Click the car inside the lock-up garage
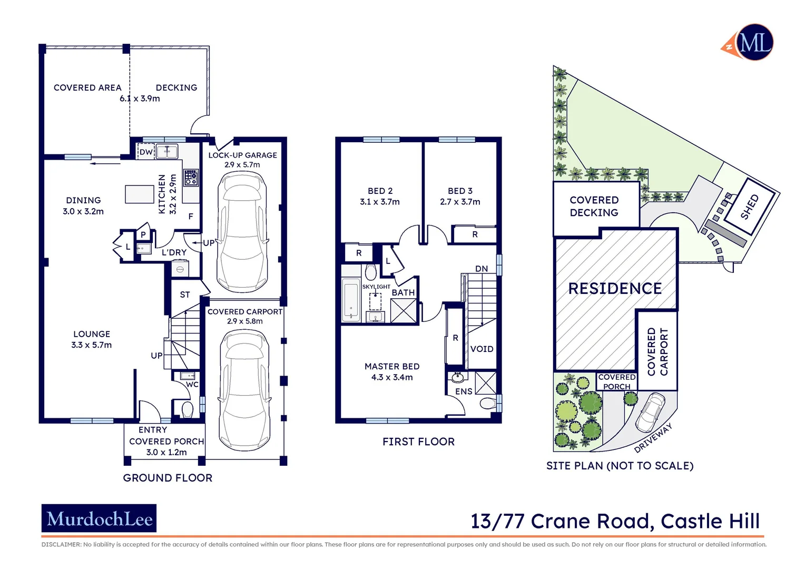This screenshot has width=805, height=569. tap(242, 232)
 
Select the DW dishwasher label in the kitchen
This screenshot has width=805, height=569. tap(146, 152)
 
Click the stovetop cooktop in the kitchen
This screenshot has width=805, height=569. tap(191, 178)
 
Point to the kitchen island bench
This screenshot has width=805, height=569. tap(140, 194)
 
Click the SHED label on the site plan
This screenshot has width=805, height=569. tap(749, 207)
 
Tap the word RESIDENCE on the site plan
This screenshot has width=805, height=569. tap(615, 289)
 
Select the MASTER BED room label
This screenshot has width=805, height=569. tap(392, 366)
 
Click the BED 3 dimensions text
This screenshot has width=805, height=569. tap(460, 202)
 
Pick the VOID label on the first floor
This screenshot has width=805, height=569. tap(482, 349)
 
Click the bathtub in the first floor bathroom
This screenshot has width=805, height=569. tap(351, 300)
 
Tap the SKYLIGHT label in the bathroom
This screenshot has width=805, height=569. tap(376, 287)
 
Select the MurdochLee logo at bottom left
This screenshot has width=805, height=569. tap(99, 519)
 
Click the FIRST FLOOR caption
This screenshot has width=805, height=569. tap(418, 442)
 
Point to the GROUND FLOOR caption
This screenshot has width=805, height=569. tap(168, 478)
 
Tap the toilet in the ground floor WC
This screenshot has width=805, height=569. tap(187, 409)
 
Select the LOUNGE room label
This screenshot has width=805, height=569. tap(92, 334)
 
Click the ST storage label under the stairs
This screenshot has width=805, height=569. tap(185, 295)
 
